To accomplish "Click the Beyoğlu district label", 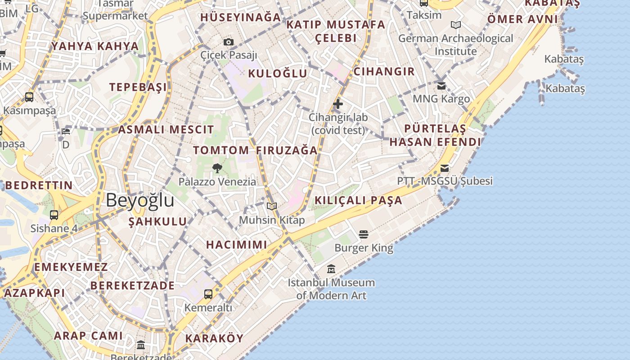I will point(140,200).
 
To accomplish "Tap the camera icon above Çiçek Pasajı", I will point(229,42).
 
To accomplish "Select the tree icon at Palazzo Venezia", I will point(217,169).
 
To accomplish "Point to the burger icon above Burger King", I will point(364,234).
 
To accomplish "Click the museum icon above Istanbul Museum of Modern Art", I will point(331,269).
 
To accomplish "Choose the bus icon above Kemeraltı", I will point(208,294).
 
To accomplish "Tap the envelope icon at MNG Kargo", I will point(441,85).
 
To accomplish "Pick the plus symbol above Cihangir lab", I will point(338,104).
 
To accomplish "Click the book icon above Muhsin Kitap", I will point(272,207).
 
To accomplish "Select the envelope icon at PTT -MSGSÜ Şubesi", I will point(445,168).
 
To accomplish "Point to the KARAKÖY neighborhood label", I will point(214,338).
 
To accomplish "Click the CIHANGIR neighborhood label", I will point(384,72).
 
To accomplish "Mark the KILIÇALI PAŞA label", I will point(358,201).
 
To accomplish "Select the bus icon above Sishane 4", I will point(54,215).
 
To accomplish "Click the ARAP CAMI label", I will point(88,336).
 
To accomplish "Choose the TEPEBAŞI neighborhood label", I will point(138,87).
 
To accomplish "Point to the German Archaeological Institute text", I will point(455,45).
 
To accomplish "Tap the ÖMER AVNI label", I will point(522,19).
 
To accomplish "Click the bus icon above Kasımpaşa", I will point(29,97).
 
